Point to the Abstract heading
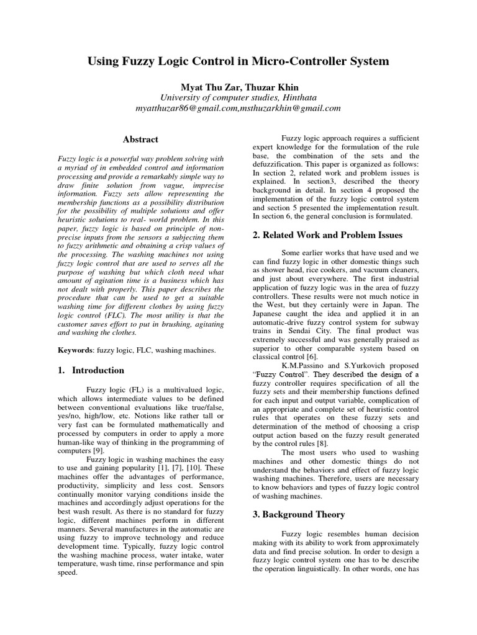click(140, 140)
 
